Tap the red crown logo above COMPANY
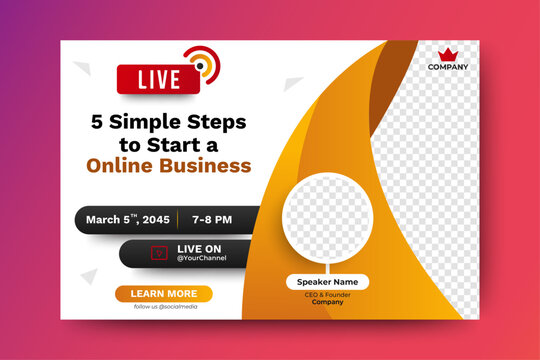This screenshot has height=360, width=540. [x=447, y=55]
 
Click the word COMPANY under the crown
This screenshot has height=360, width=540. [x=447, y=68]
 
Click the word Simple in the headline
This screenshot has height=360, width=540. [x=138, y=123]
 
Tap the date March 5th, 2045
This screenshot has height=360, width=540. [x=127, y=219]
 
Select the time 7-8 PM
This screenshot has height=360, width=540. [x=211, y=219]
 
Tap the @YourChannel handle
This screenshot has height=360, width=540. [x=202, y=258]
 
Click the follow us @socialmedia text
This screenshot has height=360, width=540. [x=165, y=307]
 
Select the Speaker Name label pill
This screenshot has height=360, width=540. [x=327, y=282]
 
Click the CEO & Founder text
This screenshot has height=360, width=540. [x=327, y=295]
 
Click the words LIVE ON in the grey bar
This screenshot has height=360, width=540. [x=199, y=247]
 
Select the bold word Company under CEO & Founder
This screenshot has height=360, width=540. [x=327, y=302]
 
